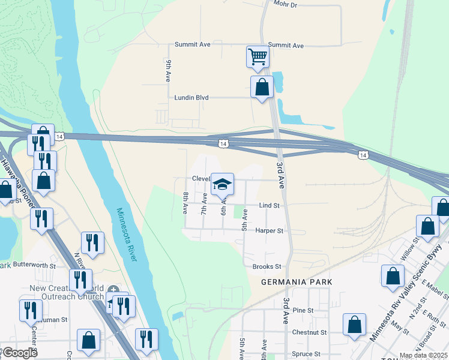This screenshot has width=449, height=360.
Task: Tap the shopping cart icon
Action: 258,56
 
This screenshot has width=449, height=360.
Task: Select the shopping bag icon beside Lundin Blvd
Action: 262,87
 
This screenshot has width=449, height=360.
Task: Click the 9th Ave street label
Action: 169,71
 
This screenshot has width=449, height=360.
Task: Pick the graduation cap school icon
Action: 222,184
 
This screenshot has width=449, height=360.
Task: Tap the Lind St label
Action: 270,205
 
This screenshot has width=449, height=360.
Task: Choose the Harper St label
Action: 269,230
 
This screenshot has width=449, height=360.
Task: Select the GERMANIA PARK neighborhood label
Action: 288,282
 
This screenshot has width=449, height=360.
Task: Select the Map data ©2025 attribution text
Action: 423,355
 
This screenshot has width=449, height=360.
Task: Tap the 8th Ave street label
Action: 186,203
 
